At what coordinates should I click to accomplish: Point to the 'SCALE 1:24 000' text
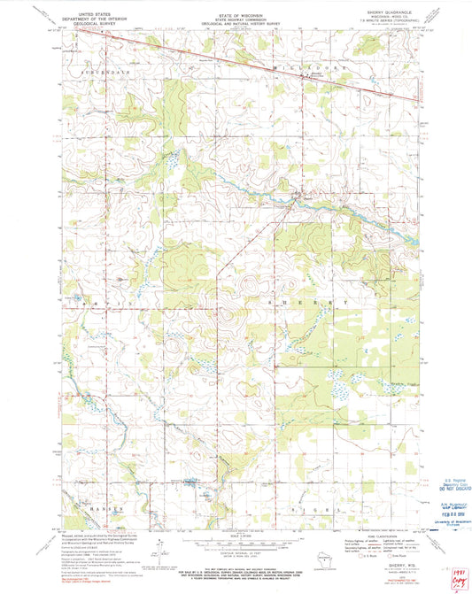click(x=235, y=536)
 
